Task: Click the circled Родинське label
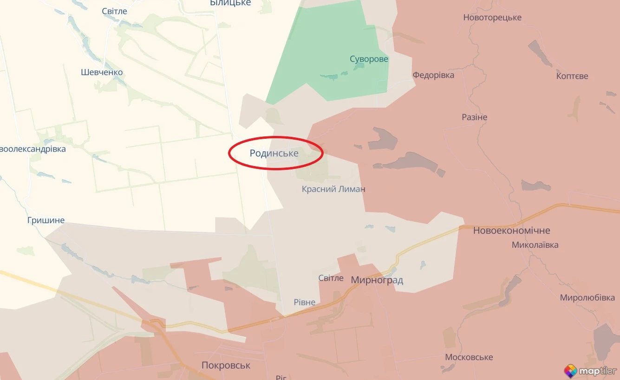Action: click(274, 153)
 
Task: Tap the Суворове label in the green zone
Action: click(369, 59)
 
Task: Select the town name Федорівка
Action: click(433, 75)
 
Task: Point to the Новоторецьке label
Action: click(492, 18)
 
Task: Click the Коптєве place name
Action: click(572, 76)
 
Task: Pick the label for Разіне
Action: click(475, 117)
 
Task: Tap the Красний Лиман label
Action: click(333, 189)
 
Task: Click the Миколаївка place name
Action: click(535, 245)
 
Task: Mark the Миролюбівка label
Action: click(587, 297)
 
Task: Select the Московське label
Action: click(469, 357)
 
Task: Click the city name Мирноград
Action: click(377, 280)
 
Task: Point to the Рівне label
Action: click(305, 303)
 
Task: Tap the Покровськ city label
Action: click(226, 365)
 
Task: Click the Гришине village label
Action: click(46, 220)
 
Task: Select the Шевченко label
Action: click(102, 72)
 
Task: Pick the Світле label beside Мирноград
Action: click(331, 278)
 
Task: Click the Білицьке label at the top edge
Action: click(230, 3)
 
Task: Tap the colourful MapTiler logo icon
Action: click(570, 371)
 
